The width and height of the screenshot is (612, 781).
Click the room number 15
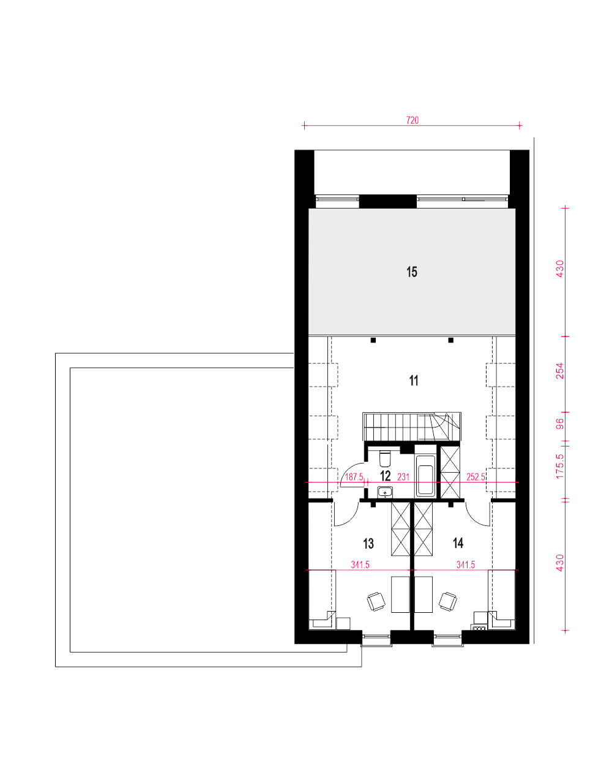412,272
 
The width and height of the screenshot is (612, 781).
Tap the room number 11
414,380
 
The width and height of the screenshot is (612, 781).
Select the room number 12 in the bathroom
385,476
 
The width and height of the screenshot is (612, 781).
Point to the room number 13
368,544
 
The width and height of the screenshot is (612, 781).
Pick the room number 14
458,543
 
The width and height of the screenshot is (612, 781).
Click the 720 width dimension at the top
412,120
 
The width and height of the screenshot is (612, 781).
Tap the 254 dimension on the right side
560,371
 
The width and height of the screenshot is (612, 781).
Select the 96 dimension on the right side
560,424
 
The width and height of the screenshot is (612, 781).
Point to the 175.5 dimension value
560,466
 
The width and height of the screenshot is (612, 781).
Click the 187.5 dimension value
354,477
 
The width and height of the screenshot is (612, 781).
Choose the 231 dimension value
403,477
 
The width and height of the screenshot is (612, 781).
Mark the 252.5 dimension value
476,477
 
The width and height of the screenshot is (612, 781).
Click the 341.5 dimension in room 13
360,564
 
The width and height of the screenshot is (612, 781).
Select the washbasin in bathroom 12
385,492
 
